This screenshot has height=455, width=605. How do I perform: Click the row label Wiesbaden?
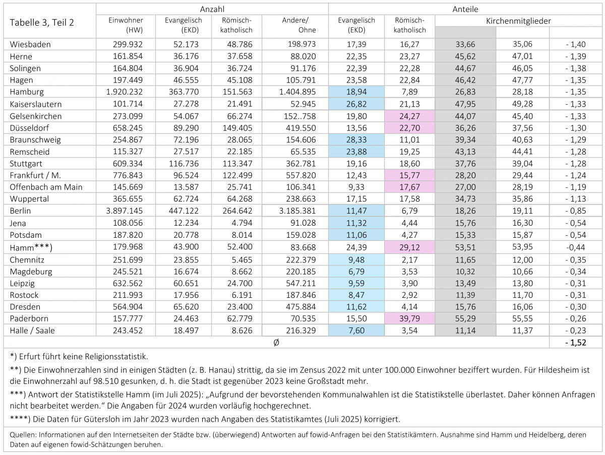click(x=30, y=44)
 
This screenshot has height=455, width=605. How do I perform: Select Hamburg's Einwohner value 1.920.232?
click(x=125, y=92)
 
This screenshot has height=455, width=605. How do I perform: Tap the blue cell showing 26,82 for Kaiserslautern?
click(x=356, y=104)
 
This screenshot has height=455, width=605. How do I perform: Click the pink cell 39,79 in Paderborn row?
click(x=409, y=318)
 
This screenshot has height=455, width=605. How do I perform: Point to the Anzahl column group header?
click(x=212, y=9)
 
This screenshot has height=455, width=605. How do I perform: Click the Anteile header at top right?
click(x=465, y=9)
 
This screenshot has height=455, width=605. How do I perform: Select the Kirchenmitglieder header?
click(x=518, y=21)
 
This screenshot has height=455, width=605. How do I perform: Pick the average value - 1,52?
click(x=576, y=342)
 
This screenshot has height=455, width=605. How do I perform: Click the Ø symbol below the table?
click(x=276, y=342)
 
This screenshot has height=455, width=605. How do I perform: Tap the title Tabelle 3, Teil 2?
click(x=42, y=22)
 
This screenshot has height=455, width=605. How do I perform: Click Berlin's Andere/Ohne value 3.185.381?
click(x=297, y=211)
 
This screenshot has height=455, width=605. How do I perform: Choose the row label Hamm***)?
click(x=31, y=247)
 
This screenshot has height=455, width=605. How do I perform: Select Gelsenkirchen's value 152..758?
click(x=300, y=116)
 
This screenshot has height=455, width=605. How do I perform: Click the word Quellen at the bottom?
click(x=23, y=435)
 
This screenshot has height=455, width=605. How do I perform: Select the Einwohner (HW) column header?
click(x=126, y=25)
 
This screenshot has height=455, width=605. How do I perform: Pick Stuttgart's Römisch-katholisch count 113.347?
click(x=237, y=164)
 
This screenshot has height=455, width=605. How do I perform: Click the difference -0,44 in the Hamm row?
click(x=576, y=247)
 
